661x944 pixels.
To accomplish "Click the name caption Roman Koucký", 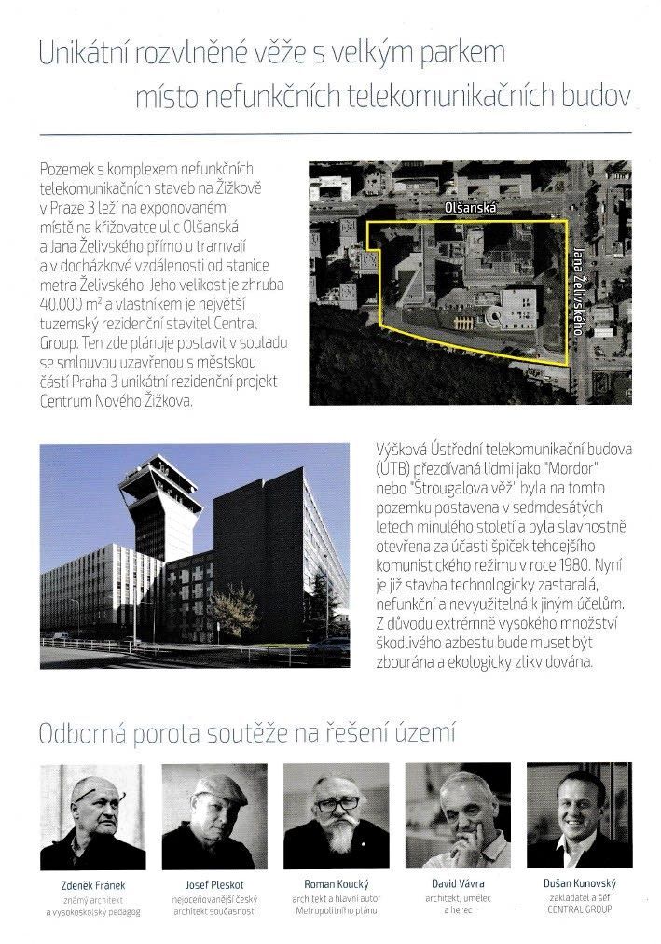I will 333,883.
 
